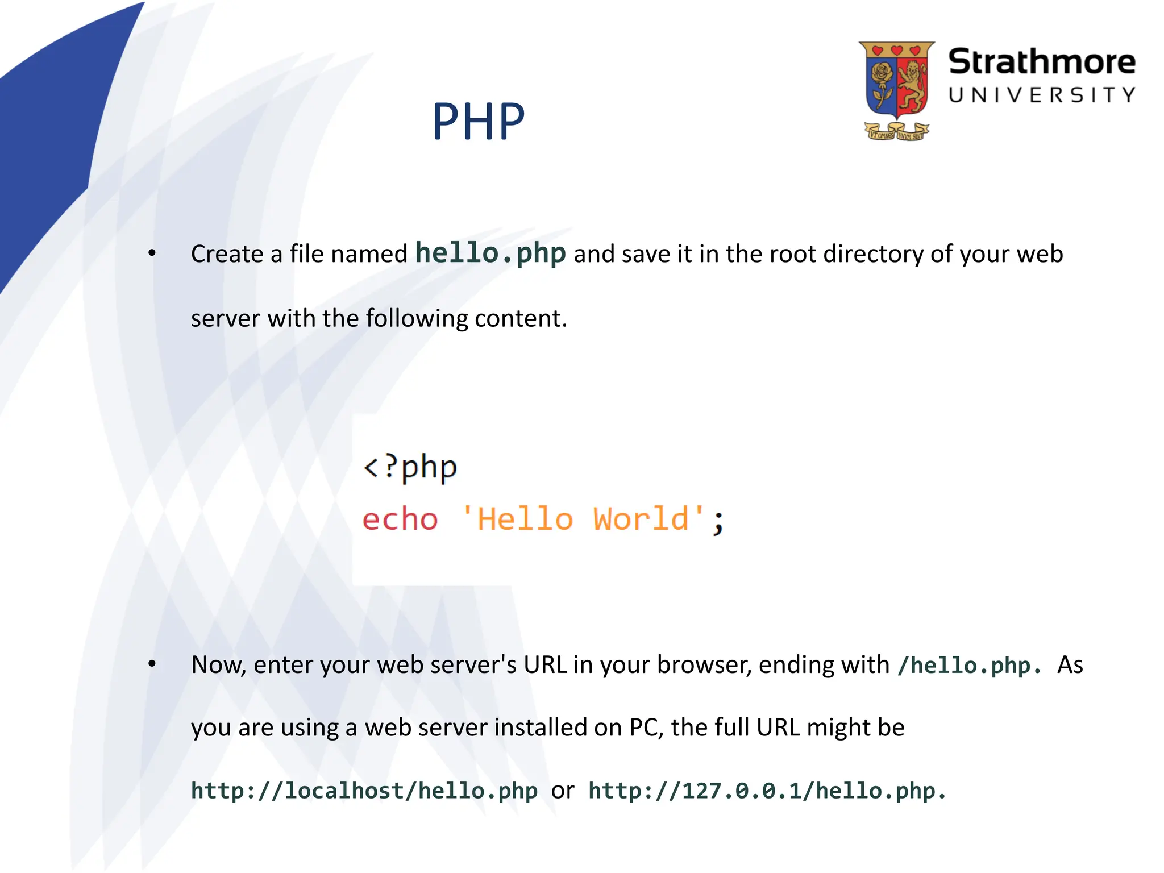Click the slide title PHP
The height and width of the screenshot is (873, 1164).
pos(478,122)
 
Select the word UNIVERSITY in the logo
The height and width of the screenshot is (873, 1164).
pos(1041,95)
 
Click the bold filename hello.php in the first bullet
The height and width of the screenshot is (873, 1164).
pos(490,253)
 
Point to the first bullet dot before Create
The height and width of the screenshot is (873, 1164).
pos(152,253)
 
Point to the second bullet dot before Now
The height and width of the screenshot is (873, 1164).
pos(152,664)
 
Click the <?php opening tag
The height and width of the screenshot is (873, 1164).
pos(410,468)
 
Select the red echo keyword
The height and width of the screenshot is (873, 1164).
pos(400,519)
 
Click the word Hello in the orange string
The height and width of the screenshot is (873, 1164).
pos(525,519)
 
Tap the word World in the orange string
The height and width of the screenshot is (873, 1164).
pos(641,519)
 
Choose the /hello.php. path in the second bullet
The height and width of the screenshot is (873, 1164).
pos(970,666)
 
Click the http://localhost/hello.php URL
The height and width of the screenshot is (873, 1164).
pos(364,791)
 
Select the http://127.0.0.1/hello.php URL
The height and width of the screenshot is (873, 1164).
pos(767,791)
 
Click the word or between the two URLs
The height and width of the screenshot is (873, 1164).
pos(563,791)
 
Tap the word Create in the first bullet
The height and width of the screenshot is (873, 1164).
pos(227,254)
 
